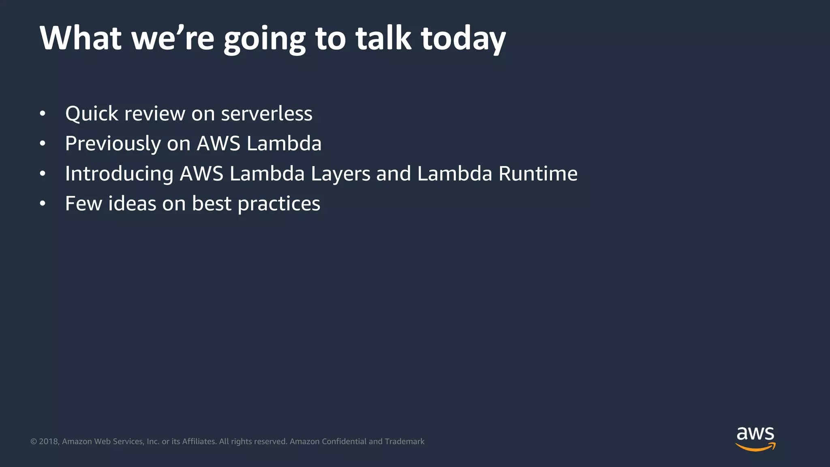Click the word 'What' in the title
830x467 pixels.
click(x=80, y=38)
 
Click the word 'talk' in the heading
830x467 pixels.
click(x=383, y=38)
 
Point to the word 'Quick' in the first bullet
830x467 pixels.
click(x=92, y=114)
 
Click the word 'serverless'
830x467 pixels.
click(x=267, y=114)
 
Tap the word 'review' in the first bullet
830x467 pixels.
click(x=154, y=114)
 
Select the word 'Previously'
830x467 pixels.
click(x=113, y=144)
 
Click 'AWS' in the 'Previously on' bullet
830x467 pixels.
click(x=218, y=144)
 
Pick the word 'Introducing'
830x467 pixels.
click(x=119, y=174)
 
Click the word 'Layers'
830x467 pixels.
click(x=340, y=174)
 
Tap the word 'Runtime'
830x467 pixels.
click(x=538, y=174)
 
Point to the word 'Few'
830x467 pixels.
click(x=83, y=204)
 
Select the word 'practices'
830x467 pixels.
click(x=279, y=204)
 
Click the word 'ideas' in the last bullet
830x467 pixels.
click(x=132, y=204)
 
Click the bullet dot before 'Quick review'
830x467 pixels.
click(x=43, y=114)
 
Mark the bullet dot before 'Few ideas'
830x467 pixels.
click(x=43, y=204)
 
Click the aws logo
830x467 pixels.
click(x=755, y=438)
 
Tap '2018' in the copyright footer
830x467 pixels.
click(x=48, y=441)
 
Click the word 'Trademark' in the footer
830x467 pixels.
click(x=404, y=441)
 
